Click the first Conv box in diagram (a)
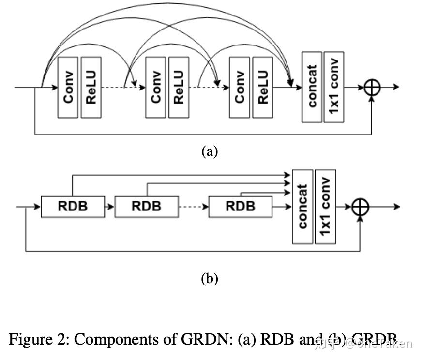tap(68, 87)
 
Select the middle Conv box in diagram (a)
tap(156, 87)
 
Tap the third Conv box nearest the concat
tap(240, 87)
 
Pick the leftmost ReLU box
tap(91, 87)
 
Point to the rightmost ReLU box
tap(263, 87)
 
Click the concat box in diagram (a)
tap(312, 87)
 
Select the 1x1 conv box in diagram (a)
tap(334, 87)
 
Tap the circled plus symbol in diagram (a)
tap(372, 87)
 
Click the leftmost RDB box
tap(73, 207)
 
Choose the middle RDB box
tap(146, 207)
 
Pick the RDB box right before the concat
tap(240, 207)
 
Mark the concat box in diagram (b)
tap(302, 207)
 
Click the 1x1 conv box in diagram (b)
tap(325, 207)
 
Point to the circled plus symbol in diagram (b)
tap(360, 207)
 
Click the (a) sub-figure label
tap(210, 151)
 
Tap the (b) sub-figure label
tap(210, 279)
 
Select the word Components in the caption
tap(112, 339)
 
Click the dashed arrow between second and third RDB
tap(193, 207)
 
